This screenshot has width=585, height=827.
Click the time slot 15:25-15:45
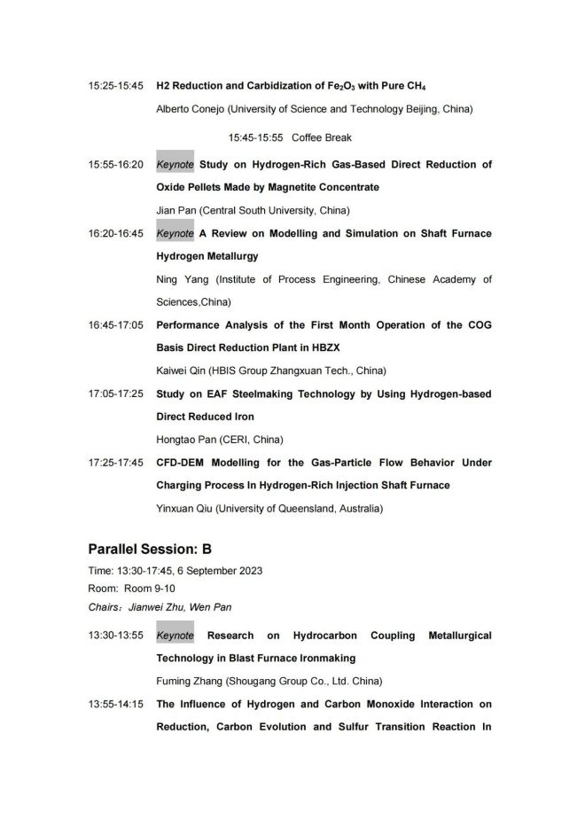pos(115,86)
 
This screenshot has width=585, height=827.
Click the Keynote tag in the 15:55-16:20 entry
pos(175,164)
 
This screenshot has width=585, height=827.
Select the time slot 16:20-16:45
pos(115,233)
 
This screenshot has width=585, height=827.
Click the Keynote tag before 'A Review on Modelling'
pos(175,233)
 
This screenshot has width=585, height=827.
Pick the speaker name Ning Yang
pos(181,279)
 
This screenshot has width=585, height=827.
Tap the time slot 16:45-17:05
pos(115,325)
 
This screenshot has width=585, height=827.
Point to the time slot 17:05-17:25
pos(115,394)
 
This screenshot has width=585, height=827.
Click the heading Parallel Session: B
pos(150,550)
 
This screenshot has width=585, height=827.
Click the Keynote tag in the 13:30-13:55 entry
pos(175,636)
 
